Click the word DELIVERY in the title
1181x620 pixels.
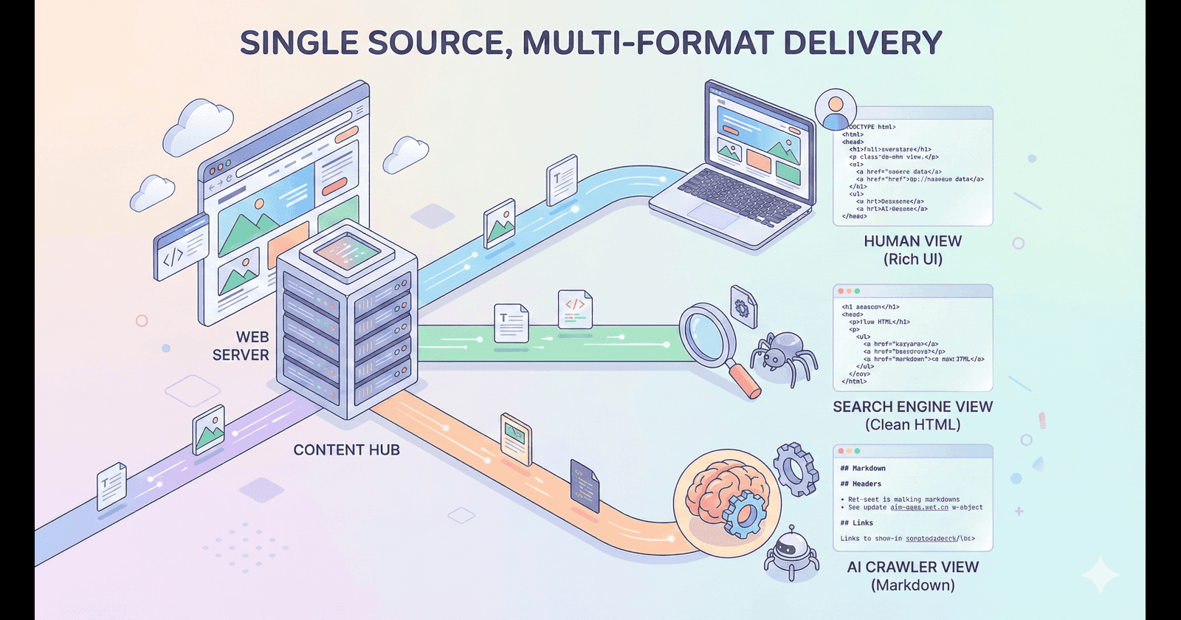point(862,43)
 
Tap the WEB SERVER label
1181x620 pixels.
point(241,346)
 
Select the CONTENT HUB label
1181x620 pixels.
point(346,449)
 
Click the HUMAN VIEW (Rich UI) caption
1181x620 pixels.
point(912,250)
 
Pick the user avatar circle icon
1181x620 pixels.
point(836,111)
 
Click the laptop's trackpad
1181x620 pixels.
point(713,214)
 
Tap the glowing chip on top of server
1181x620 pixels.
point(347,251)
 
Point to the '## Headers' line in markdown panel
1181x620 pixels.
point(861,484)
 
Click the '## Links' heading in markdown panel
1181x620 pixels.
point(856,523)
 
